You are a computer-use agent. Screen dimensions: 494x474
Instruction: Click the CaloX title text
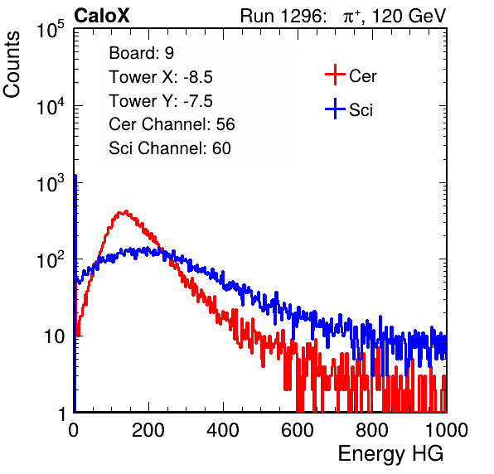pyautogui.click(x=101, y=16)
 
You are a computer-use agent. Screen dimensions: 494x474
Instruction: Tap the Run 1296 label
pyautogui.click(x=283, y=16)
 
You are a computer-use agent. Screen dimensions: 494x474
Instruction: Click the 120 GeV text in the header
pyautogui.click(x=409, y=16)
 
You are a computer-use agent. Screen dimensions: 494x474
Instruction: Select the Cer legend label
pyautogui.click(x=362, y=76)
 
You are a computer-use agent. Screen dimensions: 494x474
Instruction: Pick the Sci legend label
pyautogui.click(x=361, y=110)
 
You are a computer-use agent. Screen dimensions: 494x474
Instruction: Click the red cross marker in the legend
pyautogui.click(x=335, y=75)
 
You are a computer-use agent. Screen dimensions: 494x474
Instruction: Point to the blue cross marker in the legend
pyautogui.click(x=335, y=109)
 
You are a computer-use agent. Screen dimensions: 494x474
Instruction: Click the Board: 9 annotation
pyautogui.click(x=141, y=53)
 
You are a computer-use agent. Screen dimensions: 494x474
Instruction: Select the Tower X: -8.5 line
pyautogui.click(x=161, y=77)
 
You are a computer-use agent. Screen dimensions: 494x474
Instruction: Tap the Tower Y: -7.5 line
pyautogui.click(x=161, y=101)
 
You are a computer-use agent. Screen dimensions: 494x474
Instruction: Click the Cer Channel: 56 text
pyautogui.click(x=172, y=124)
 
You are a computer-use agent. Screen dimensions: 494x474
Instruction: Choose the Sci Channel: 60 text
pyautogui.click(x=170, y=148)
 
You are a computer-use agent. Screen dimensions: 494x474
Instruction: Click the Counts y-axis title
pyautogui.click(x=12, y=65)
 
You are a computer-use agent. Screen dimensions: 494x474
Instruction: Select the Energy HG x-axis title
pyautogui.click(x=390, y=454)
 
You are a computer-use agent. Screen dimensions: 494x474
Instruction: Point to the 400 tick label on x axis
pyautogui.click(x=223, y=430)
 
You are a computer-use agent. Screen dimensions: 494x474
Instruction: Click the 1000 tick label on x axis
pyautogui.click(x=447, y=430)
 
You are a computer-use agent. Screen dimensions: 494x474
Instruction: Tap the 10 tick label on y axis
pyautogui.click(x=55, y=336)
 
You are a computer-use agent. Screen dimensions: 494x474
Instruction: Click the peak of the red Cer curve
pyautogui.click(x=126, y=211)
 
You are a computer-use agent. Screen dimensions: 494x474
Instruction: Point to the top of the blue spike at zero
pyautogui.click(x=75, y=175)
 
